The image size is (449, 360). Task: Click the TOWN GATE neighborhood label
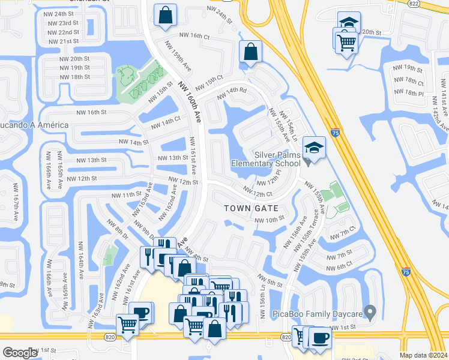(251, 208)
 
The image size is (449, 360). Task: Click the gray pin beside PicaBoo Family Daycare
(370, 312)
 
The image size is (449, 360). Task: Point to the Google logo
(20, 352)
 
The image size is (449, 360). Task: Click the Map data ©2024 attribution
(424, 354)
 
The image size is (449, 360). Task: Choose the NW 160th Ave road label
(188, 101)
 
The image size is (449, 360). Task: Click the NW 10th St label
(269, 220)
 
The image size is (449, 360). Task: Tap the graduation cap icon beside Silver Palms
(313, 147)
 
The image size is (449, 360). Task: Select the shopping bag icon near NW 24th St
(164, 15)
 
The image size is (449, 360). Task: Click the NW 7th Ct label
(348, 231)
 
